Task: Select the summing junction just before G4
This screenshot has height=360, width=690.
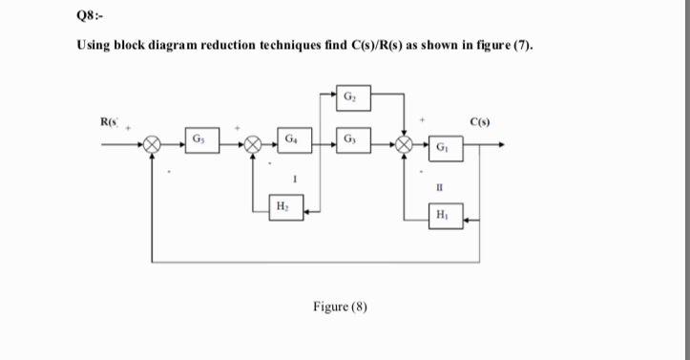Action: [253, 146]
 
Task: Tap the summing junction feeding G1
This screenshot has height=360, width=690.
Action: [407, 146]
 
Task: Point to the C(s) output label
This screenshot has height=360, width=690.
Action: [485, 121]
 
